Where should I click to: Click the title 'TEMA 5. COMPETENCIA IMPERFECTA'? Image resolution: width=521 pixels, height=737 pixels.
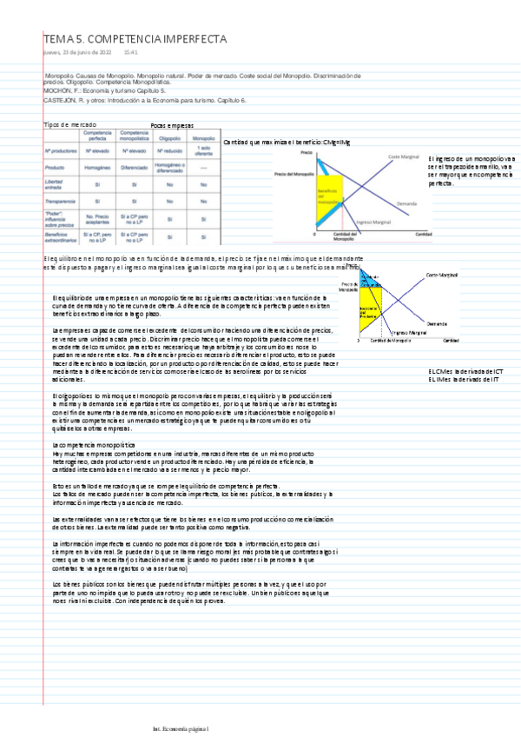(x=135, y=40)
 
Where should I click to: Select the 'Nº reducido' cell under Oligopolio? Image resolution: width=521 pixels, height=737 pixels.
(x=170, y=152)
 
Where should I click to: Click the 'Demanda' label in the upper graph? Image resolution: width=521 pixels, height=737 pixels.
(x=406, y=203)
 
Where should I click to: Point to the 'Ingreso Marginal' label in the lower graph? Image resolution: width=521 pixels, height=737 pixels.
(x=410, y=332)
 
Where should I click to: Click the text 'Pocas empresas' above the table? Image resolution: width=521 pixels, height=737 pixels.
(x=172, y=126)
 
